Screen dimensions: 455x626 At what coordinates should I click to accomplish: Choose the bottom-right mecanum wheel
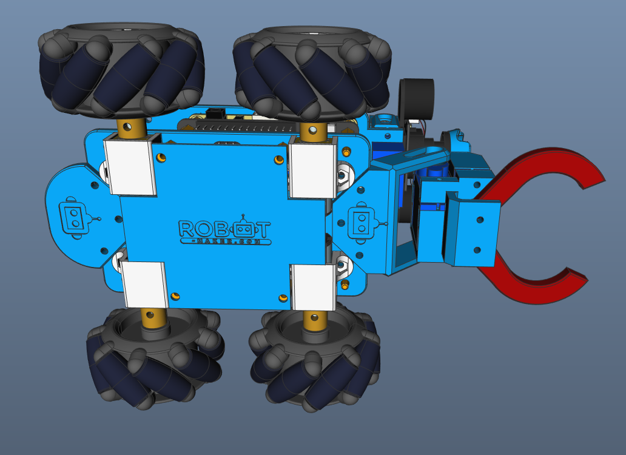click(x=315, y=361)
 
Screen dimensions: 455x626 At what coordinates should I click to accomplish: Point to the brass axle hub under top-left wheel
click(x=132, y=127)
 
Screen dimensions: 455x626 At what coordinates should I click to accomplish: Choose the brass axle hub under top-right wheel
click(x=314, y=129)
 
